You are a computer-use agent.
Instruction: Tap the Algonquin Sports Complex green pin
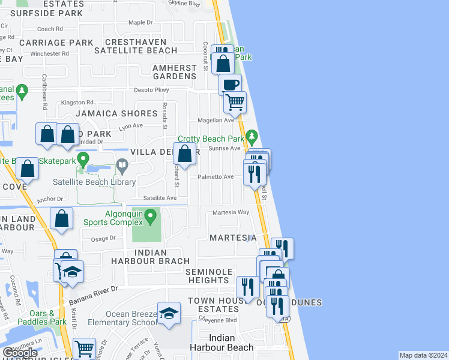153,214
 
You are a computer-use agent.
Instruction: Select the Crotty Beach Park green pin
252,137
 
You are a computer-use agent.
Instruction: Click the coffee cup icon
229,85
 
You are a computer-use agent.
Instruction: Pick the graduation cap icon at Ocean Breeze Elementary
169,313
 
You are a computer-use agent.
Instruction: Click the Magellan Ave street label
220,120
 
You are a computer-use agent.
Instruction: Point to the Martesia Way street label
231,212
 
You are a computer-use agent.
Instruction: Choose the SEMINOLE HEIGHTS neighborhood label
208,277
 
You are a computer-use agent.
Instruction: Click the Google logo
20,352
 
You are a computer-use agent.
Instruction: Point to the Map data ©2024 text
423,355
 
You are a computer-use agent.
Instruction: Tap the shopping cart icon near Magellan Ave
235,102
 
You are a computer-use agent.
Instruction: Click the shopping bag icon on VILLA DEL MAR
185,153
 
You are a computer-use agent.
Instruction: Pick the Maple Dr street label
140,22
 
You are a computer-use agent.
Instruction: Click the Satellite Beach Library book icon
122,164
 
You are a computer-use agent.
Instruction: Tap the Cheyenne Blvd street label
222,320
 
